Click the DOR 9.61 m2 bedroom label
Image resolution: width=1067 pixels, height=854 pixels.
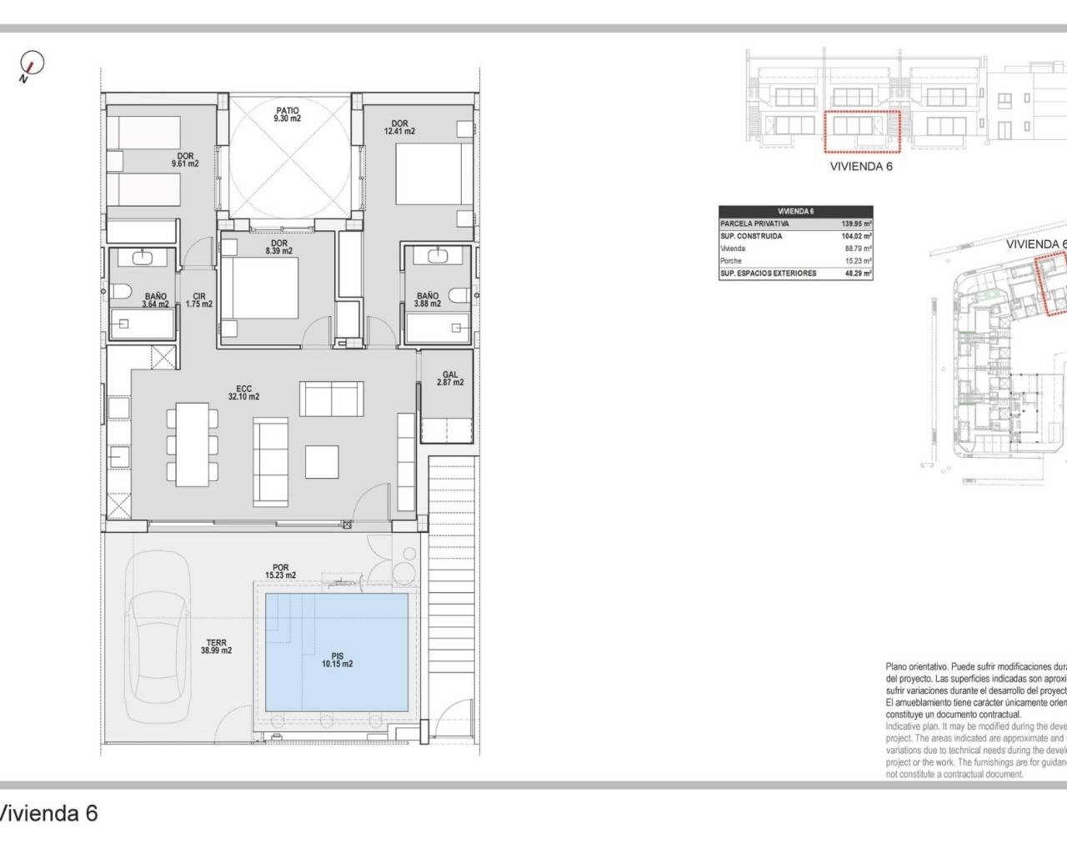click(x=185, y=159)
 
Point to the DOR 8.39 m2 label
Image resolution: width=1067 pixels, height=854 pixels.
click(x=278, y=246)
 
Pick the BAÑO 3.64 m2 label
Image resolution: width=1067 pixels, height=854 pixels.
click(x=156, y=300)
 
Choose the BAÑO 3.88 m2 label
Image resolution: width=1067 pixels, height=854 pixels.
click(x=427, y=300)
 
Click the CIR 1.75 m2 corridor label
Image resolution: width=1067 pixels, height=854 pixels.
click(x=199, y=300)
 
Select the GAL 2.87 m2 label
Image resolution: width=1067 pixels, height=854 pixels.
click(x=449, y=379)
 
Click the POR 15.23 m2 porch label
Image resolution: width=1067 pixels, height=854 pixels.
click(x=281, y=571)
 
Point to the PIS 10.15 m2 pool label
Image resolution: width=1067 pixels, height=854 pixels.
click(x=337, y=660)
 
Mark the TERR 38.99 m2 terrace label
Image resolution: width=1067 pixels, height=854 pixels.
click(x=217, y=646)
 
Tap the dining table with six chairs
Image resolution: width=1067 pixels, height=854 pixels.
click(x=193, y=443)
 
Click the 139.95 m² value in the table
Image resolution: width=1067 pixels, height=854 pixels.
click(x=855, y=224)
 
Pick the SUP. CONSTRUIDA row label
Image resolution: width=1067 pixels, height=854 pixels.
click(x=751, y=236)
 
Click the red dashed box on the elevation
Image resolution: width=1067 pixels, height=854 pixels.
click(x=861, y=131)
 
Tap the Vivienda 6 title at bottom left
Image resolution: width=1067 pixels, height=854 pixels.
click(x=48, y=813)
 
